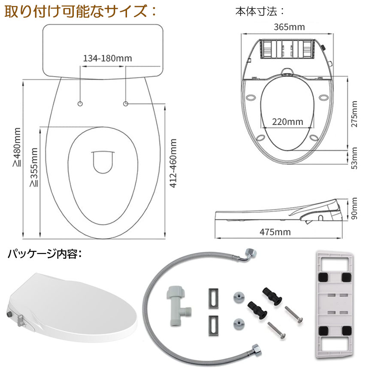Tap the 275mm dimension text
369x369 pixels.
click(x=354, y=115)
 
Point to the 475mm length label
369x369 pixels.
click(x=275, y=232)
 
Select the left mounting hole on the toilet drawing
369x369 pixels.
click(x=81, y=104)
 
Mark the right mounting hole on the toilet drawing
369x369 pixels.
click(x=126, y=104)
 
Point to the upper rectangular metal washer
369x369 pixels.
click(x=213, y=297)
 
